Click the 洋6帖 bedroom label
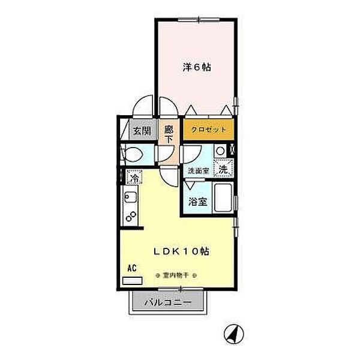(x=196, y=68)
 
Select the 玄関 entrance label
(x=141, y=130)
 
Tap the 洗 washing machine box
(x=223, y=170)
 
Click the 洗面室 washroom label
(x=197, y=171)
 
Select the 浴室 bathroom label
(x=199, y=202)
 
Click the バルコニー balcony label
(x=167, y=303)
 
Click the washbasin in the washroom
(x=220, y=151)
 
